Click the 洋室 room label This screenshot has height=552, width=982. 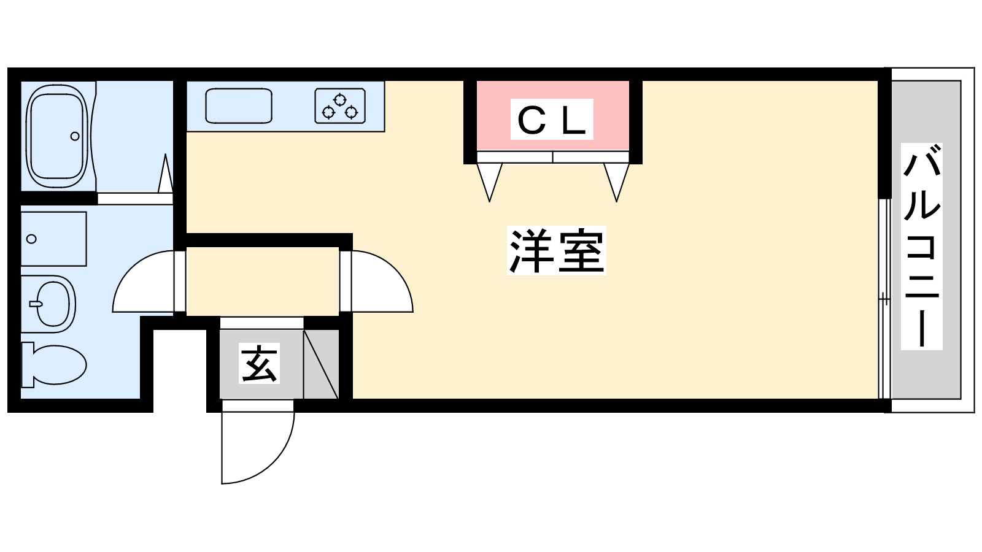coord(556,250)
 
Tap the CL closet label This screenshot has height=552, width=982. coord(552,120)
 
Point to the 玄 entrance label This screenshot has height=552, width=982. coord(259,364)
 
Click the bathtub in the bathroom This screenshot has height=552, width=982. coord(56,136)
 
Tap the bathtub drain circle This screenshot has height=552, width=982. coord(75,136)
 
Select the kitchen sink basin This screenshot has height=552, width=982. coord(238,105)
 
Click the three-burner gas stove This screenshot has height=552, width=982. coord(340,105)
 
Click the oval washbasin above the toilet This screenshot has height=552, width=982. coord(54,304)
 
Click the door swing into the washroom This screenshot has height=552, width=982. coord(144,285)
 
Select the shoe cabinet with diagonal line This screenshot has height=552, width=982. coord(321,364)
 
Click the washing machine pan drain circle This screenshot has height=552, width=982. coord(32,239)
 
